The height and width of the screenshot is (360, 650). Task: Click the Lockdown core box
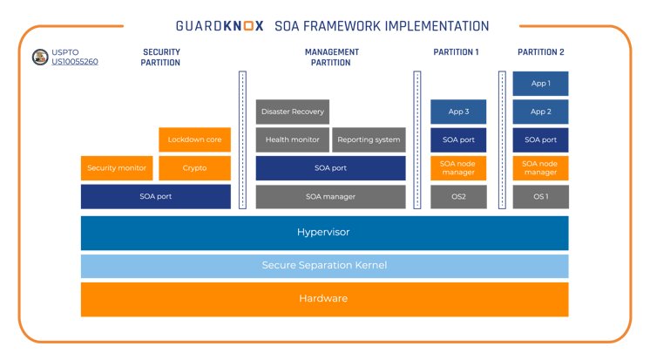pyautogui.click(x=195, y=139)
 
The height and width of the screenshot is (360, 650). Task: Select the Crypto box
pyautogui.click(x=195, y=168)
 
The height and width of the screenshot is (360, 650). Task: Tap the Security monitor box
pyautogui.click(x=117, y=168)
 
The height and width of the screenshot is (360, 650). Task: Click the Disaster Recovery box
pyautogui.click(x=293, y=112)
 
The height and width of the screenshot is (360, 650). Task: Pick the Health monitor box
pyautogui.click(x=292, y=139)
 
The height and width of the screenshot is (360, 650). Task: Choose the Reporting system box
pyautogui.click(x=369, y=139)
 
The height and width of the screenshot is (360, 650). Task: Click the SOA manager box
pyautogui.click(x=330, y=197)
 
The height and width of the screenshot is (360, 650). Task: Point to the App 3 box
pyautogui.click(x=458, y=112)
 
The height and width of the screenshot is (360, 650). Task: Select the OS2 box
pyautogui.click(x=458, y=197)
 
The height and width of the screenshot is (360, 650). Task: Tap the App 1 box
pyautogui.click(x=541, y=84)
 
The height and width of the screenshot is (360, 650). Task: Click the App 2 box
pyautogui.click(x=541, y=112)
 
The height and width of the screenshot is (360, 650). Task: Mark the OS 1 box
pyautogui.click(x=541, y=197)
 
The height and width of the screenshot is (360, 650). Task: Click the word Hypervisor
pyautogui.click(x=324, y=233)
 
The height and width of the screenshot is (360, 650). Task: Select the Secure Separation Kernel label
pyautogui.click(x=324, y=265)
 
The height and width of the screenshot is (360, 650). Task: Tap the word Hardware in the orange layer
pyautogui.click(x=324, y=298)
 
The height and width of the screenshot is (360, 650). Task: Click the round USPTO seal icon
pyautogui.click(x=39, y=58)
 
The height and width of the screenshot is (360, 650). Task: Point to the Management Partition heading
pyautogui.click(x=332, y=58)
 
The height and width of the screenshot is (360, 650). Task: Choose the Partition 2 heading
pyautogui.click(x=541, y=52)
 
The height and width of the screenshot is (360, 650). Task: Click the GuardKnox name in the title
pyautogui.click(x=220, y=26)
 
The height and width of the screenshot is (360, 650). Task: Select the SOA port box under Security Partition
pyautogui.click(x=156, y=197)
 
